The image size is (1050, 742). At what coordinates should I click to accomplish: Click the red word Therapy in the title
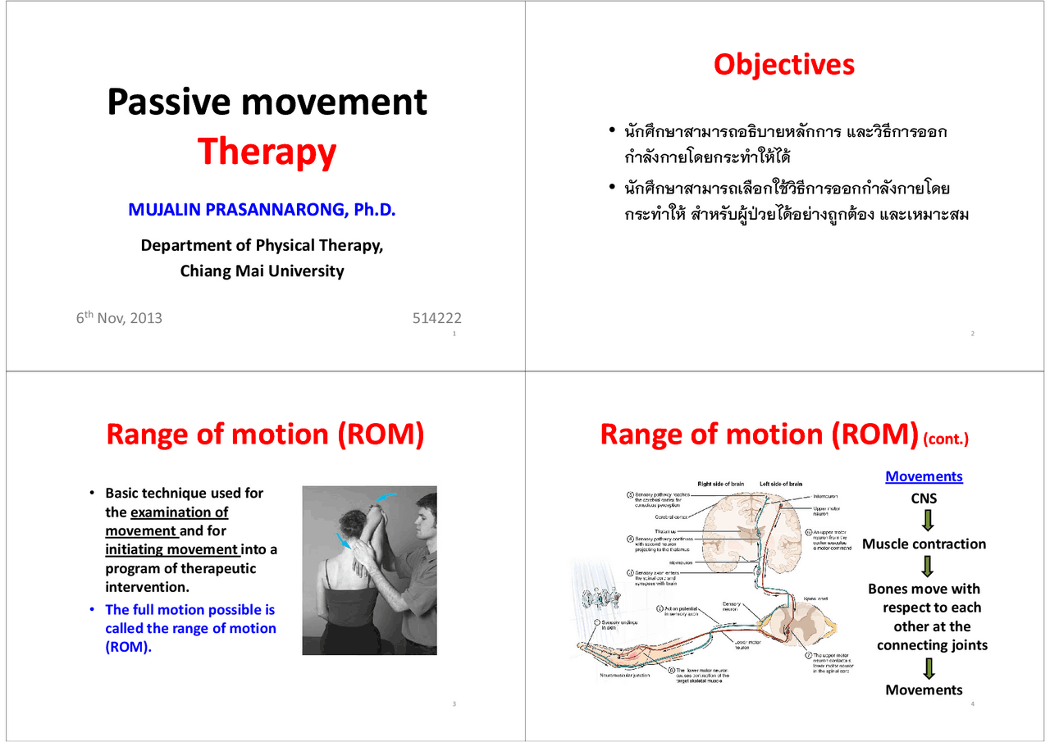point(267,152)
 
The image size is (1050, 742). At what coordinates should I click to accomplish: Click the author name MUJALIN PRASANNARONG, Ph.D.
point(262,210)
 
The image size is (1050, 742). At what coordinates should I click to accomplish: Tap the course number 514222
point(436,318)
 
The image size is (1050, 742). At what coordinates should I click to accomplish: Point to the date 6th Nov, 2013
point(119,318)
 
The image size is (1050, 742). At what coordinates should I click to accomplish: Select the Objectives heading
point(783,65)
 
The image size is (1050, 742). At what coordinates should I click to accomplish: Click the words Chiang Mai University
point(262,271)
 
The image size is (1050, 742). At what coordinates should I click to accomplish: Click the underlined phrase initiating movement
point(171,549)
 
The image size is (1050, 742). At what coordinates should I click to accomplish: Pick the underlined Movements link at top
point(924,476)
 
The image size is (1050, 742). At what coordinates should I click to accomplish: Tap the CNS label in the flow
point(924,498)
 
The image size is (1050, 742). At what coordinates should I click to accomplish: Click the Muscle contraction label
point(924,544)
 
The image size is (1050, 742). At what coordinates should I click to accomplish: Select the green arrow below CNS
point(928,521)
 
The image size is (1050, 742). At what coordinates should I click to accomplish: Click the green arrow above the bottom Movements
point(928,668)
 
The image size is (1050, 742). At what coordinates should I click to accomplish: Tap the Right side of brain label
point(720,484)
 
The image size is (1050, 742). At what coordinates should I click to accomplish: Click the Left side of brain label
point(781,484)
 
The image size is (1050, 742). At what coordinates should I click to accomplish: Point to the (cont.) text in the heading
point(946,439)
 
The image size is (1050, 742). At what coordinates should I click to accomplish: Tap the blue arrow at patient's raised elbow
point(386,497)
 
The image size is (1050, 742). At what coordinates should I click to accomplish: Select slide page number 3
point(454,705)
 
